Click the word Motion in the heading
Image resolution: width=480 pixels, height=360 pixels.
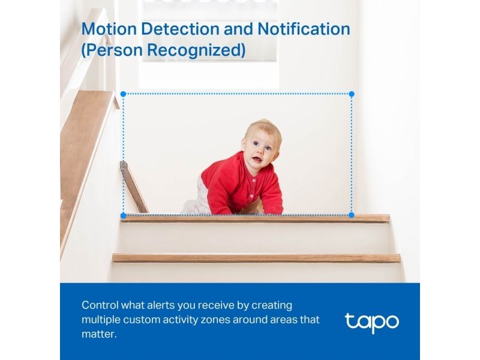(109, 29)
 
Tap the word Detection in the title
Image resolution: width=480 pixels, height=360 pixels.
(180, 29)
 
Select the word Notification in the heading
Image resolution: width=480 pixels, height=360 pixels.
(304, 29)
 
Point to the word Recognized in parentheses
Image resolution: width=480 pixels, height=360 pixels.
(196, 50)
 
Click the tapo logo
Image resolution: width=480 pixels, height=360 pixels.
(372, 323)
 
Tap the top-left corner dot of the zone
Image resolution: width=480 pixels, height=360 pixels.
(124, 94)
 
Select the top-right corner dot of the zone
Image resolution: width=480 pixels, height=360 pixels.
(352, 94)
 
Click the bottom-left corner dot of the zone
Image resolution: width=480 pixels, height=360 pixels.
(124, 215)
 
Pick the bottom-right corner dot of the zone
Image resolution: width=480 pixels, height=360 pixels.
(352, 215)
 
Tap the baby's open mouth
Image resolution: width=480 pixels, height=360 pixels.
(257, 159)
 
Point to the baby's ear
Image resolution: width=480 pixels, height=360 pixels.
(244, 143)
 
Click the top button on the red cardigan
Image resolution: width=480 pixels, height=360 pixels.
(254, 181)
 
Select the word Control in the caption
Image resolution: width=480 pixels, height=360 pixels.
(100, 305)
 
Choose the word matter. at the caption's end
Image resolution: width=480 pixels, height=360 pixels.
(99, 334)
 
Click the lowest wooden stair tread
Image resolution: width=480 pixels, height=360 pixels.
(257, 258)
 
